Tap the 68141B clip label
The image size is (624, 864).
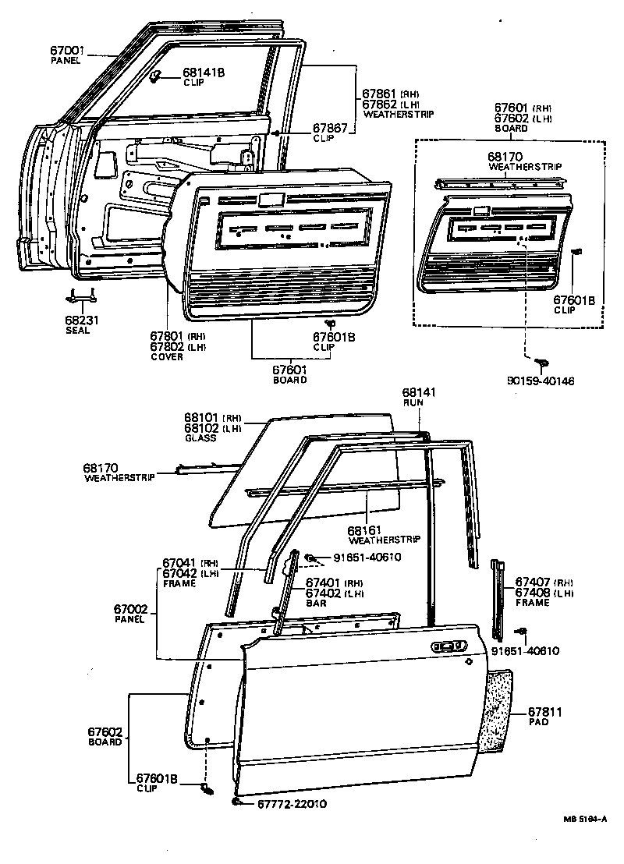204,73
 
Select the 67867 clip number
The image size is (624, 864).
331,127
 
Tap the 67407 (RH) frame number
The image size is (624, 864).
530,582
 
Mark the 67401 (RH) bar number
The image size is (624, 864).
321,582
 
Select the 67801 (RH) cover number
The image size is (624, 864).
166,337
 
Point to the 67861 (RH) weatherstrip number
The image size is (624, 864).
380,94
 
